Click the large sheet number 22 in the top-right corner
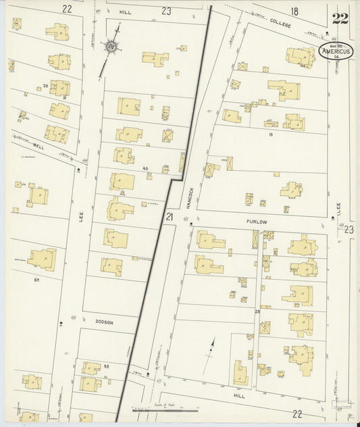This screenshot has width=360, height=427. pyautogui.click(x=340, y=18)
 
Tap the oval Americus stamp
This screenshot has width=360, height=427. pyautogui.click(x=334, y=52)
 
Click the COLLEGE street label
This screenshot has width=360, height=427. pyautogui.click(x=279, y=24)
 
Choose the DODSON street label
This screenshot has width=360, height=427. pyautogui.click(x=104, y=322)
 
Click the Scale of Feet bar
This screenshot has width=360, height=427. pyautogui.click(x=165, y=407)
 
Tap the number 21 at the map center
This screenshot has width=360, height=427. pyautogui.click(x=170, y=217)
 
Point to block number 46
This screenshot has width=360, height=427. pyautogui.click(x=145, y=168)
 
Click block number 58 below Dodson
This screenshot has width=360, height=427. pyautogui.click(x=107, y=366)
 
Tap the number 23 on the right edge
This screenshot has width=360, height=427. pyautogui.click(x=349, y=230)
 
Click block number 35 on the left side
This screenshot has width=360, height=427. pyautogui.click(x=45, y=86)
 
